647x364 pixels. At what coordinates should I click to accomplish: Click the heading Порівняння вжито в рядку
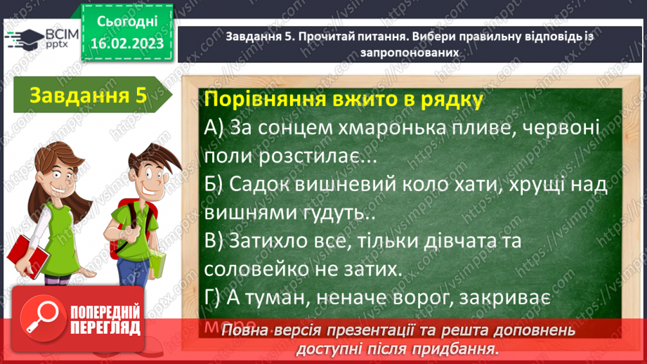click(343, 100)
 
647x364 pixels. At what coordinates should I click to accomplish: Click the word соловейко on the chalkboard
click(265, 268)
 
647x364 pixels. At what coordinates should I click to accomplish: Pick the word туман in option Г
click(269, 297)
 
